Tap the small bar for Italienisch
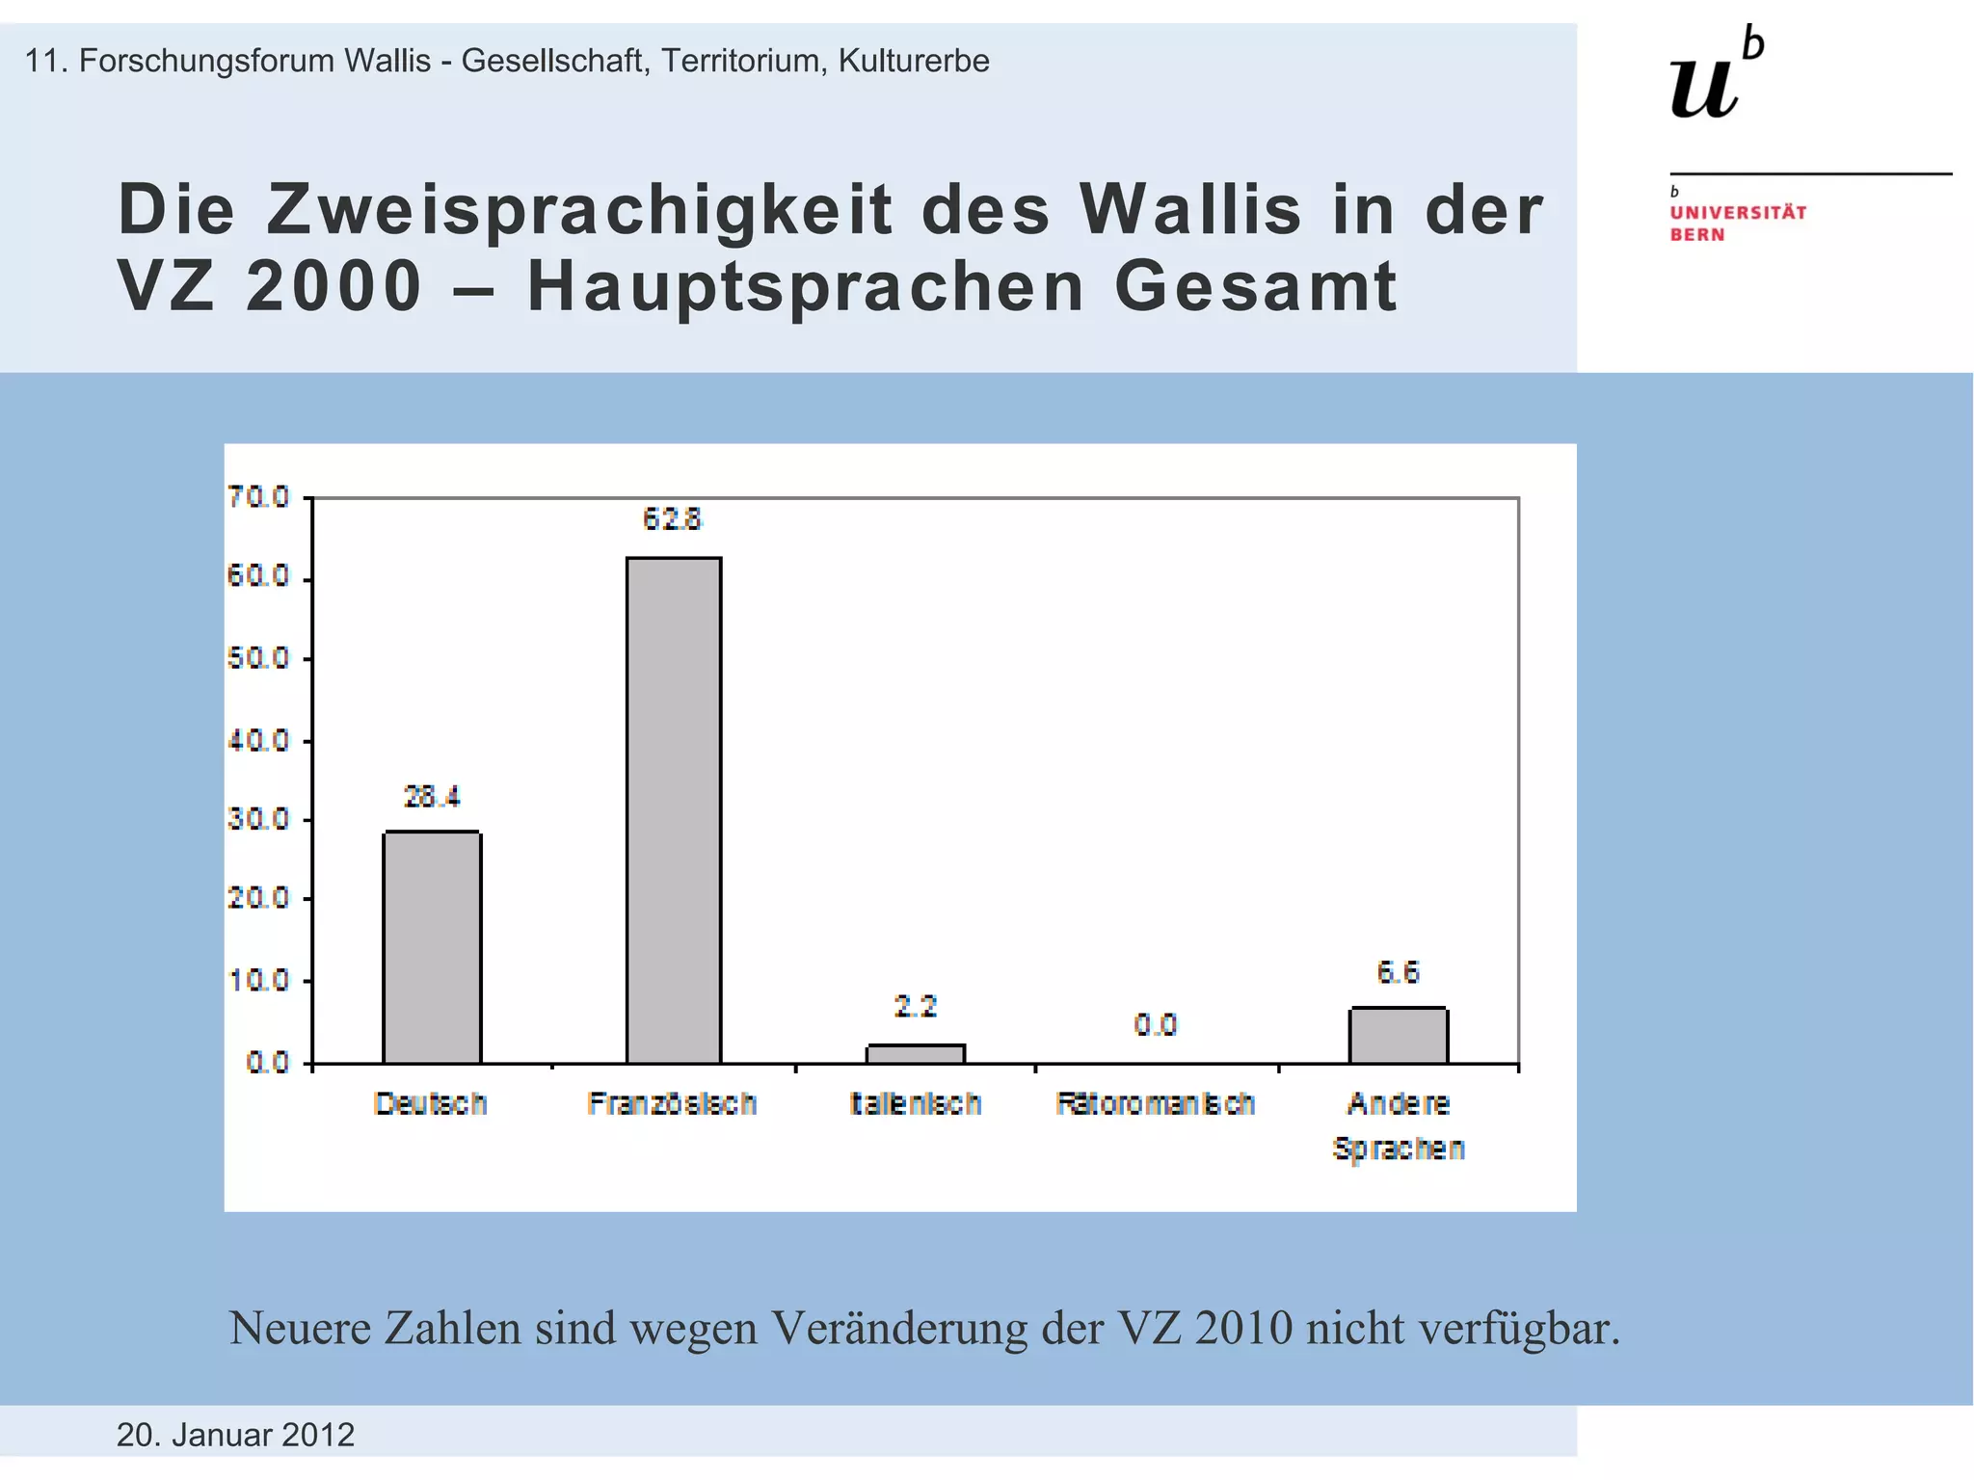(x=915, y=1054)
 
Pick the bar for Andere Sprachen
(x=1398, y=1036)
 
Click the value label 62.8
(x=673, y=520)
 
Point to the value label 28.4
(x=432, y=797)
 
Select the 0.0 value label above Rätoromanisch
(x=1155, y=1025)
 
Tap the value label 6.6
(x=1398, y=972)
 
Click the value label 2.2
(x=915, y=1007)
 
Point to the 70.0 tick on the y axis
(x=258, y=497)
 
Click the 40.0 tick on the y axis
(x=258, y=741)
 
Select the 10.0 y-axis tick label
(x=258, y=981)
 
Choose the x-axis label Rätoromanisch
(x=1155, y=1103)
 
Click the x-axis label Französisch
(x=672, y=1103)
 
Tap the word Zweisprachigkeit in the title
(x=579, y=211)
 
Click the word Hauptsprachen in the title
(x=806, y=287)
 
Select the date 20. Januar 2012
(x=235, y=1435)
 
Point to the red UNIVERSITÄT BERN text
(x=1737, y=223)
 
